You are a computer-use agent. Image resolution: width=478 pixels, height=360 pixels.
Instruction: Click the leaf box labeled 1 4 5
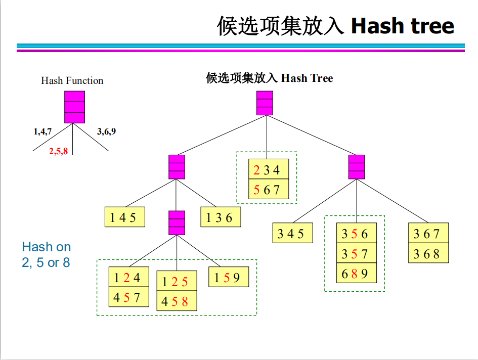[x=124, y=217]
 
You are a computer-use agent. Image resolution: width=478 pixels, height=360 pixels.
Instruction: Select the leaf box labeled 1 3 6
[x=221, y=217]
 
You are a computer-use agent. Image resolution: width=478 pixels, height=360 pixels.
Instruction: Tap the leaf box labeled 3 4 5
[x=292, y=233]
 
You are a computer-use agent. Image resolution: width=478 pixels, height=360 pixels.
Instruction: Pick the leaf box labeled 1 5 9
[x=229, y=277]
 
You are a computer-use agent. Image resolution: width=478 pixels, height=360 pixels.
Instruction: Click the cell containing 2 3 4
[x=269, y=169]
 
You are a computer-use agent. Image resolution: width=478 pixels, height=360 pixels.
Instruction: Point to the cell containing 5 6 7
[x=269, y=189]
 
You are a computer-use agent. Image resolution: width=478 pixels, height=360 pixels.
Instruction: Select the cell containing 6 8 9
[x=357, y=274]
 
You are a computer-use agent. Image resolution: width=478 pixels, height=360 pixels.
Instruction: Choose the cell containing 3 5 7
[x=357, y=253]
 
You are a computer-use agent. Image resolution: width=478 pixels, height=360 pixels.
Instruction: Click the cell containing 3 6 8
[x=428, y=253]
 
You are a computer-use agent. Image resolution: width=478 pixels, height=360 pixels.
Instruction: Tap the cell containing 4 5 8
[x=177, y=301]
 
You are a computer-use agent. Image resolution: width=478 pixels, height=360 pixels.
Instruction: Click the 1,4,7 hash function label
[x=42, y=131]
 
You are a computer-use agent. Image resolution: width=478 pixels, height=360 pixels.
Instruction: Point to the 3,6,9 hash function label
[x=106, y=131]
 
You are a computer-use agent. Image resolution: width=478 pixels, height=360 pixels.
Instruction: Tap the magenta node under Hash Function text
[x=74, y=107]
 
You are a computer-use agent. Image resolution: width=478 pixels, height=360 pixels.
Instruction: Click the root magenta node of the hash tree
[x=265, y=103]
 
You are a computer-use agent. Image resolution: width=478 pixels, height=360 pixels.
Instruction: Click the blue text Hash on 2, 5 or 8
[x=46, y=255]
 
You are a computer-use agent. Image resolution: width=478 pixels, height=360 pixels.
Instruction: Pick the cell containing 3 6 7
[x=428, y=233]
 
